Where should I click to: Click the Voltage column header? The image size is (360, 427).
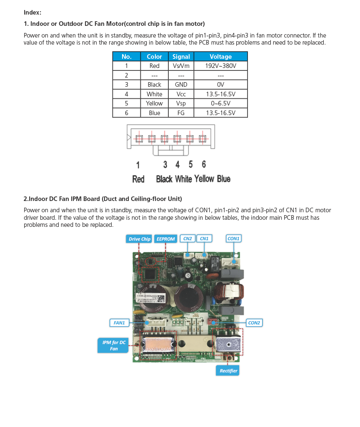(220, 57)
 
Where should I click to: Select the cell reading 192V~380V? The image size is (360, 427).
(220, 66)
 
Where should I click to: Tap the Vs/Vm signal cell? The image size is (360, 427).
(181, 66)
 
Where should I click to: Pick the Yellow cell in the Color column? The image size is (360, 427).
(154, 103)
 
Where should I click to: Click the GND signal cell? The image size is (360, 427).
(181, 85)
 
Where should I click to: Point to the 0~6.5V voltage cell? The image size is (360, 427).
(220, 103)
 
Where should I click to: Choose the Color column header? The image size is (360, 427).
(154, 57)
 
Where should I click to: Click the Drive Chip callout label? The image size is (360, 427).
(139, 239)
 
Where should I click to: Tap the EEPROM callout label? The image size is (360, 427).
(165, 239)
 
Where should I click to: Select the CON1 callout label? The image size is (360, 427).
(233, 239)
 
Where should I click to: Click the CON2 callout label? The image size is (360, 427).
(254, 323)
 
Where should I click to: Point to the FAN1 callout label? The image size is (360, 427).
(119, 323)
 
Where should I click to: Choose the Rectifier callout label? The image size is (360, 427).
(228, 371)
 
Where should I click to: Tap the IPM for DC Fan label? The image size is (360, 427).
(114, 346)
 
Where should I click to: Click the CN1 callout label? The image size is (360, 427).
(204, 239)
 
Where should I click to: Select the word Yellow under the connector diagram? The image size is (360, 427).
(204, 179)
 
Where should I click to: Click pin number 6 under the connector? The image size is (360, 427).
(204, 164)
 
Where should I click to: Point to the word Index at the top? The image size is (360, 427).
(32, 13)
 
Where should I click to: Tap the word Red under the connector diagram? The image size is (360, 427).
(138, 179)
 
